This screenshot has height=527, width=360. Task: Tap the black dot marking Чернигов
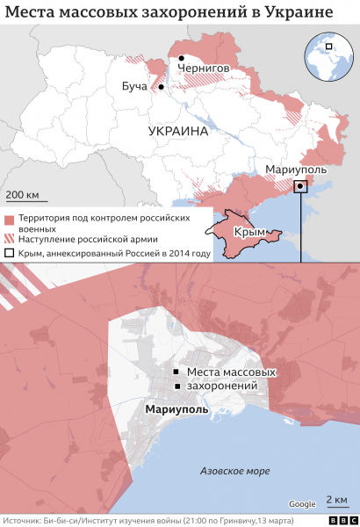[182, 58]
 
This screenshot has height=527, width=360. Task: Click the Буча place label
[134, 86]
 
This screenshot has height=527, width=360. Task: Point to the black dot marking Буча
[161, 87]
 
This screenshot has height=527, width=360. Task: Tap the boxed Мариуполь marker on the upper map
[300, 186]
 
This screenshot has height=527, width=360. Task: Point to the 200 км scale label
[22, 193]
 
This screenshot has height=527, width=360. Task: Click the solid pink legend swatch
[9, 218]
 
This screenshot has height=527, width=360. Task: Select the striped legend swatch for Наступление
[9, 239]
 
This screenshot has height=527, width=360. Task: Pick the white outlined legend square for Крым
[9, 254]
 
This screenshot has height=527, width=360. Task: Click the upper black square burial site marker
[178, 372]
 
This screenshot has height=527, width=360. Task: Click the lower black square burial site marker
[178, 387]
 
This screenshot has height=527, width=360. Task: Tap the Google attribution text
[302, 503]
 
